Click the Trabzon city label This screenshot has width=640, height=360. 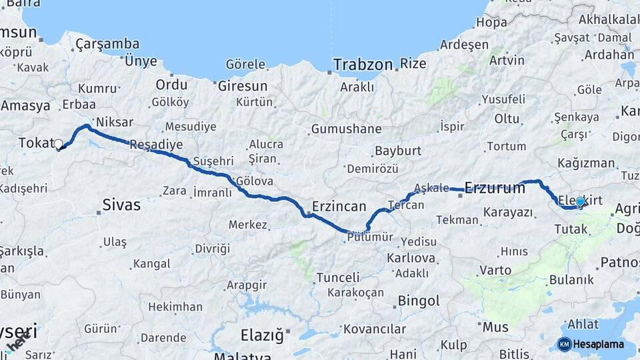tap(363, 65)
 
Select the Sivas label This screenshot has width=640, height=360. tap(121, 205)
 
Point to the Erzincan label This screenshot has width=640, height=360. tap(339, 206)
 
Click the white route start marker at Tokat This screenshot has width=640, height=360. tap(59, 144)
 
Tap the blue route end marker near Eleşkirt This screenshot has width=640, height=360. tap(580, 201)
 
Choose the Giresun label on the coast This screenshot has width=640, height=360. tap(242, 86)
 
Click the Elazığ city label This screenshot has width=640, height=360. tap(261, 335)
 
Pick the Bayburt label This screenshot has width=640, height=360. tap(398, 151)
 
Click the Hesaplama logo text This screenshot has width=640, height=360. tap(599, 345)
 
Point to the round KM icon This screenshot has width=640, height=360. tap(564, 345)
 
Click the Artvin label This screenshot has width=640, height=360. tap(507, 61)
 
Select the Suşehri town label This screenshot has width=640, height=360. tap(213, 161)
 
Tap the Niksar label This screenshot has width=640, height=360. tap(115, 122)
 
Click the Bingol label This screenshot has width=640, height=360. tap(419, 301)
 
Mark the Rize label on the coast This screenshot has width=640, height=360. tap(413, 64)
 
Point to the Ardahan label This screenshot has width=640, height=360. tap(609, 53)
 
